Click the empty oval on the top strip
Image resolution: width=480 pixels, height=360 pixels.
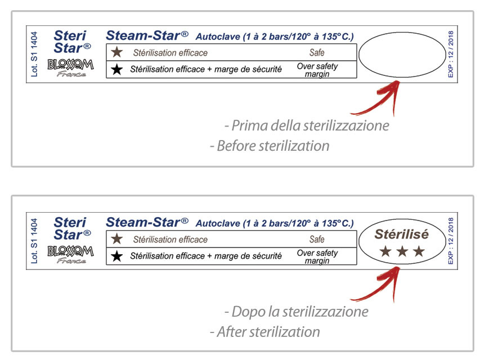pyautogui.click(x=359, y=55)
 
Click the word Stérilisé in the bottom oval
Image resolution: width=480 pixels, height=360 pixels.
pyautogui.click(x=402, y=234)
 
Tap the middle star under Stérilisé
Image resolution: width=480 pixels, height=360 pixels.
pyautogui.click(x=402, y=251)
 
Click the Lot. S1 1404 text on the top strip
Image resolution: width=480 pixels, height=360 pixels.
pyautogui.click(x=34, y=54)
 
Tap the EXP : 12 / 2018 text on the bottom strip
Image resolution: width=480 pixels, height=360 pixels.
pyautogui.click(x=450, y=241)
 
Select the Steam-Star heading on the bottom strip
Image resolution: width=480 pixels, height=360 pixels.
pyautogui.click(x=147, y=222)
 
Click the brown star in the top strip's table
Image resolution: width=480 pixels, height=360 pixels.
pyautogui.click(x=117, y=52)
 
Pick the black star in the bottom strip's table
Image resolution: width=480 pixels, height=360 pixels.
pyautogui.click(x=117, y=256)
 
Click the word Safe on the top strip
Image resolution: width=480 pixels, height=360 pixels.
pyautogui.click(x=317, y=53)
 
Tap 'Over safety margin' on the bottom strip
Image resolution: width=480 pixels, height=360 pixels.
pyautogui.click(x=317, y=256)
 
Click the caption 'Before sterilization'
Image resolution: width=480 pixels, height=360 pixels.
pyautogui.click(x=270, y=146)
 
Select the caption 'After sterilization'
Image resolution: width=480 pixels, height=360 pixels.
pyautogui.click(x=265, y=332)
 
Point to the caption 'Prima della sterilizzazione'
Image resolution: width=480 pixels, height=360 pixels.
pyautogui.click(x=307, y=125)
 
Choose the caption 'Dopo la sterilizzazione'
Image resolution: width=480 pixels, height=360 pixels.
pyautogui.click(x=297, y=312)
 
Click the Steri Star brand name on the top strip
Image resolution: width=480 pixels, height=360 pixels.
pyautogui.click(x=72, y=42)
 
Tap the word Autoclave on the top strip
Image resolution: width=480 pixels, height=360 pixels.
pyautogui.click(x=218, y=37)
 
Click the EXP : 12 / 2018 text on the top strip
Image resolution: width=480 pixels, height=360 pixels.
pyautogui.click(x=450, y=54)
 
